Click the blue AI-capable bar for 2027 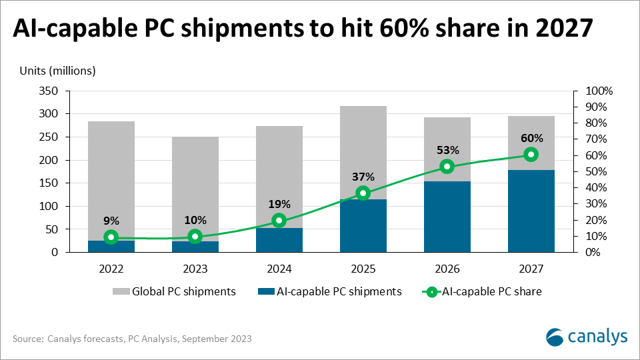pyautogui.click(x=531, y=211)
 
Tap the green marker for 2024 pyautogui.click(x=279, y=221)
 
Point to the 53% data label pyautogui.click(x=447, y=150)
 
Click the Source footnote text pyautogui.click(x=132, y=339)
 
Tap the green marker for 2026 pyautogui.click(x=447, y=167)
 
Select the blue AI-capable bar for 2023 pyautogui.click(x=195, y=247)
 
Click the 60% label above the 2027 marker pyautogui.click(x=531, y=139)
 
